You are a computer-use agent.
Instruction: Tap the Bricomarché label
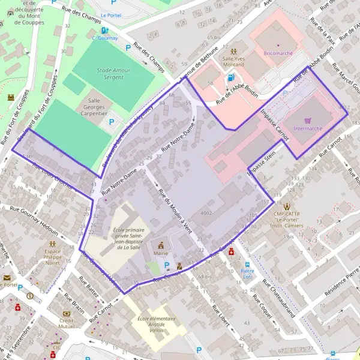278,53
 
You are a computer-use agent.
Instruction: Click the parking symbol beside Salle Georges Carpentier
111,122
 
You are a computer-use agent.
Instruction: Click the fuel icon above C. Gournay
105,30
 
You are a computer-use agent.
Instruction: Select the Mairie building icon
161,245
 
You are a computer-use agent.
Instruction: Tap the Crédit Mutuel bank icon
67,313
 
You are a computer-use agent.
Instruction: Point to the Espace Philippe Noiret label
53,255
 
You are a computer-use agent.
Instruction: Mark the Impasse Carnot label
274,125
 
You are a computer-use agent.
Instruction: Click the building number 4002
206,213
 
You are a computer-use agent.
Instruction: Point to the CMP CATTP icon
287,206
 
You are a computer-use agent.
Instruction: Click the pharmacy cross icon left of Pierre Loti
231,253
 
